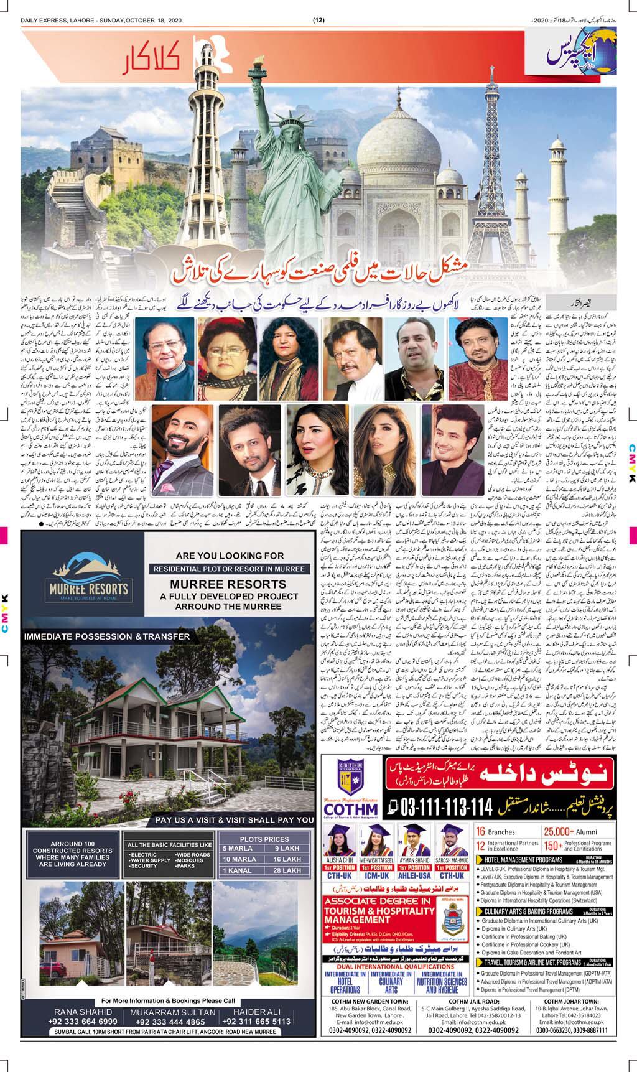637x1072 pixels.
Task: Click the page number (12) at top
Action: (318, 19)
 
